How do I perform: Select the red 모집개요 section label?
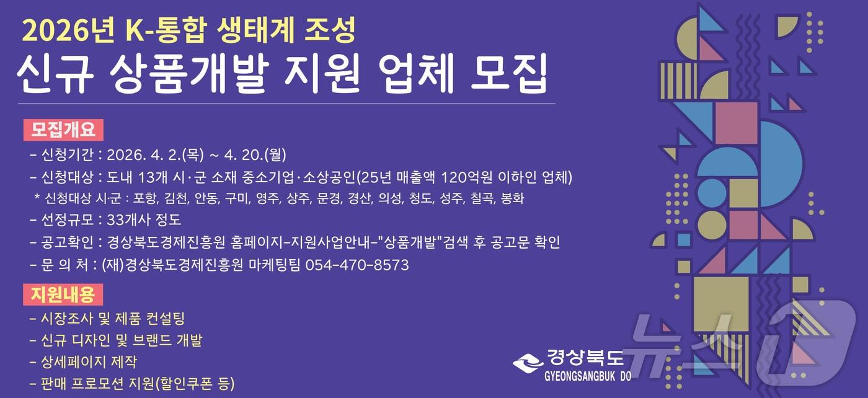tap(63, 130)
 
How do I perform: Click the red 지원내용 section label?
tap(63, 294)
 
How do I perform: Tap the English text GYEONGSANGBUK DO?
tap(587, 376)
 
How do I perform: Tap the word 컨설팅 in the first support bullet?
tap(164, 319)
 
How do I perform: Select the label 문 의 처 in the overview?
tap(66, 265)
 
